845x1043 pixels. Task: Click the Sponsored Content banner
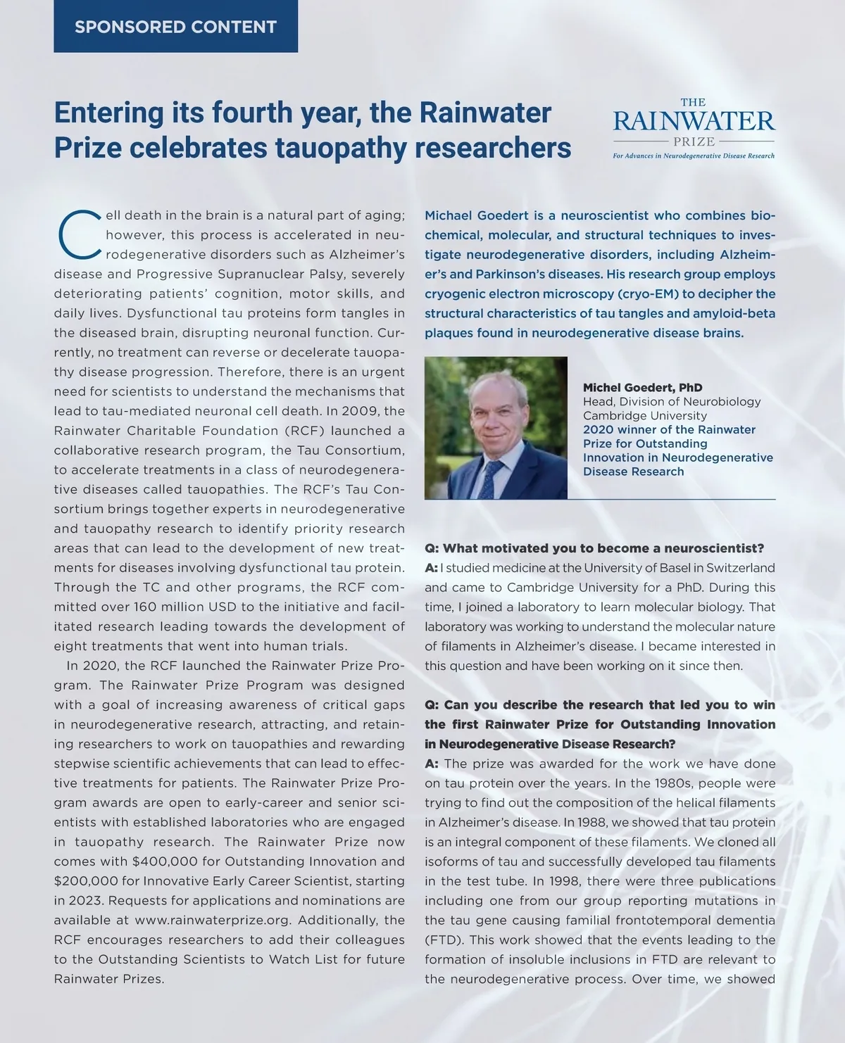point(175,27)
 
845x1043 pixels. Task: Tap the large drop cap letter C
point(77,234)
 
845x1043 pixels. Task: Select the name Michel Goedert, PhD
point(642,388)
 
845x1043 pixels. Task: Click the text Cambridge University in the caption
point(634,416)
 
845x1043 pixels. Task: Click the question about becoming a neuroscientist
point(594,548)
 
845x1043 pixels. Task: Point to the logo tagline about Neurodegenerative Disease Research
point(694,156)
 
